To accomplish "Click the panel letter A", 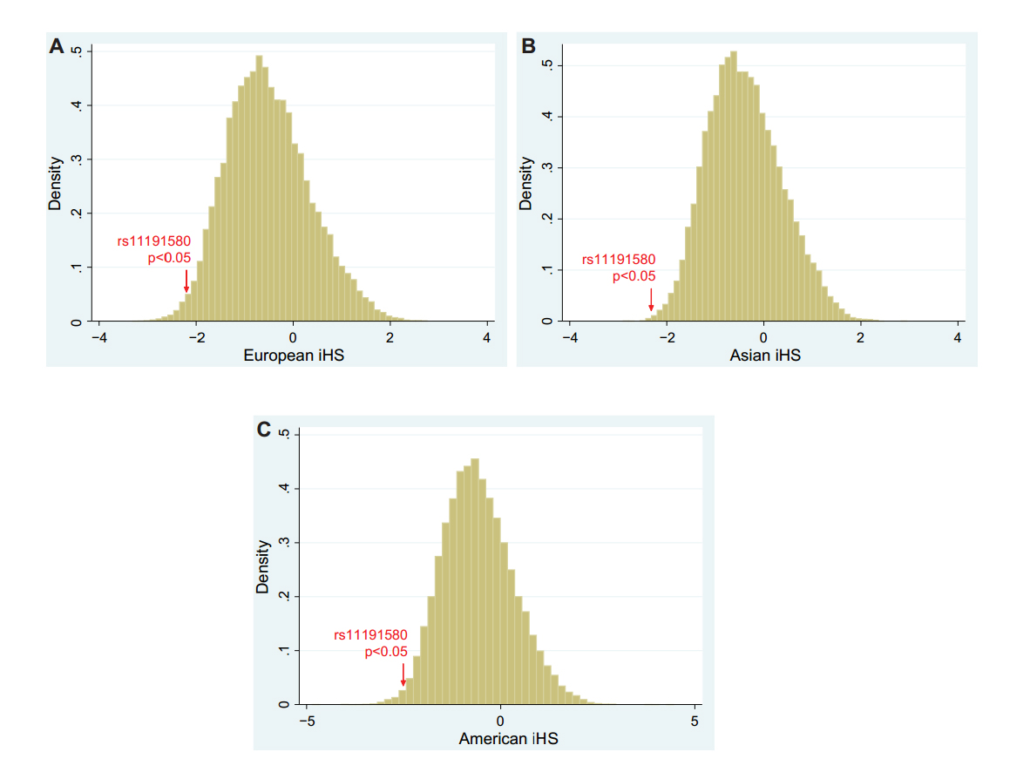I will pyautogui.click(x=57, y=46).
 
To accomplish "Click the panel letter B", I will pyautogui.click(x=528, y=46).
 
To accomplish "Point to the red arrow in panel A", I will pyautogui.click(x=186, y=281).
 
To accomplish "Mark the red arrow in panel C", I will pyautogui.click(x=403, y=674).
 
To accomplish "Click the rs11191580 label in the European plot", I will pyautogui.click(x=153, y=241).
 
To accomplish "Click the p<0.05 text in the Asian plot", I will pyautogui.click(x=634, y=276).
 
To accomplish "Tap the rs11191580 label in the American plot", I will pyautogui.click(x=370, y=635).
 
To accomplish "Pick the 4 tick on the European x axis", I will pyautogui.click(x=486, y=338).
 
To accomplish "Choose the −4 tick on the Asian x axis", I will pyautogui.click(x=569, y=338).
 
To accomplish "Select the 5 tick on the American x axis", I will pyautogui.click(x=695, y=721).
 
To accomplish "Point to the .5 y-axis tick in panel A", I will pyautogui.click(x=77, y=52).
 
